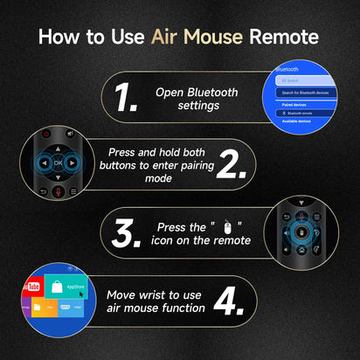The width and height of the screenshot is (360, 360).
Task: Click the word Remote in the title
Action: (287, 38)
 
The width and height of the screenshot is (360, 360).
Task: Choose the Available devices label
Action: (295, 121)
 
